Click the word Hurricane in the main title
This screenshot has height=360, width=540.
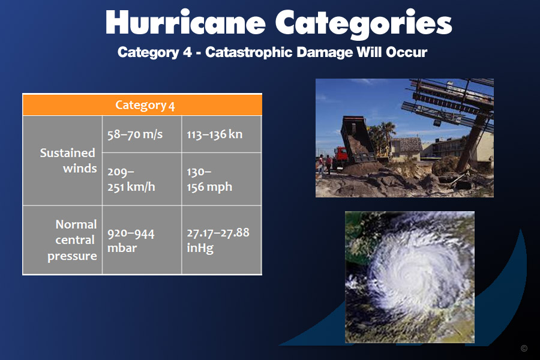coord(185,22)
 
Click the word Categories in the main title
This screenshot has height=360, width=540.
coord(364,23)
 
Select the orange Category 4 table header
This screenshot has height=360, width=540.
coord(142,105)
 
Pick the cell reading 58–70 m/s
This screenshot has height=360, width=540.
coord(142,134)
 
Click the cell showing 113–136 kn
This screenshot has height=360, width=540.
coord(221,134)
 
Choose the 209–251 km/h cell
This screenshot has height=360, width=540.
coord(142,179)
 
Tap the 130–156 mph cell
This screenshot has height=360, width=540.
coord(221,179)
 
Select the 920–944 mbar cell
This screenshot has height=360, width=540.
coord(142,240)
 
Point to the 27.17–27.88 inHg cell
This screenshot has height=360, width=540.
coord(221,240)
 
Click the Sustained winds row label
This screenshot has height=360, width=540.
coord(68,161)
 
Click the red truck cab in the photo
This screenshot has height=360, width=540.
coord(340,157)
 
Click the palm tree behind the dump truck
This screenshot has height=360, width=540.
coord(386,135)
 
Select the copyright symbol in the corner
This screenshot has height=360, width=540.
coord(524,348)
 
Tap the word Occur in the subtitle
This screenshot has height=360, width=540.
coord(406,52)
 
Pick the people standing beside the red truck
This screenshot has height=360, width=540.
coord(325,164)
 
